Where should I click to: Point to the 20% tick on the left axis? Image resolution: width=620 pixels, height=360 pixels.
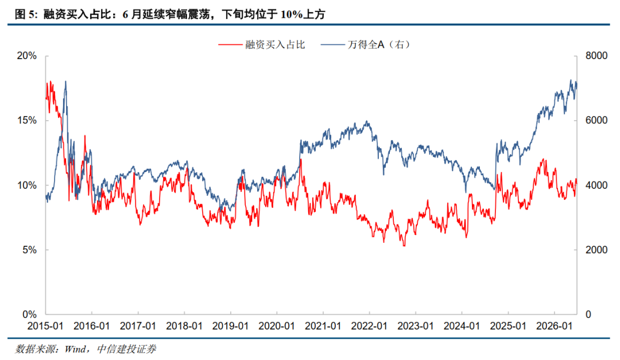coord(27,56)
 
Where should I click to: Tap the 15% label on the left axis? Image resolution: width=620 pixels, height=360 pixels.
coord(27,121)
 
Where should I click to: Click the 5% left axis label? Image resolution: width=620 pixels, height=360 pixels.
coord(30,250)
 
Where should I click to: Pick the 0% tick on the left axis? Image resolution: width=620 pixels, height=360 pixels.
coord(30,315)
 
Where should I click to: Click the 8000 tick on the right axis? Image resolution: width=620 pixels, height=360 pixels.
coord(596,56)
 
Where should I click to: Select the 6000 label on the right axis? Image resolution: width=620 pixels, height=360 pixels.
coord(596,121)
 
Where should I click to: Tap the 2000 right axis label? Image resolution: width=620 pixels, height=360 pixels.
coord(596,250)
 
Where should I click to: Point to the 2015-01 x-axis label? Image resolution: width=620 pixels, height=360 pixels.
coord(45,326)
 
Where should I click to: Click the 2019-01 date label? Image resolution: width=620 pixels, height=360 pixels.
coord(230,326)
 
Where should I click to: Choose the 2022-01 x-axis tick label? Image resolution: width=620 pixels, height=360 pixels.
coord(369,326)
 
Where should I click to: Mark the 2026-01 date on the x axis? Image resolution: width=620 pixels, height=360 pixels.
coord(554,326)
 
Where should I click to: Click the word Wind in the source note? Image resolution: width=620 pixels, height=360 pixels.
coord(75,349)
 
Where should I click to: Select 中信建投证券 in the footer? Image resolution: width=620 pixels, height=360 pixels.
coord(126,349)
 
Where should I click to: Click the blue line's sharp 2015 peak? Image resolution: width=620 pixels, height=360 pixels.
coord(65,82)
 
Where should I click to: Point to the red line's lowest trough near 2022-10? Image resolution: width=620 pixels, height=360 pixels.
coord(404,246)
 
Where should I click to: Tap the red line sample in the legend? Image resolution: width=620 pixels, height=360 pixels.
coord(230,45)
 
